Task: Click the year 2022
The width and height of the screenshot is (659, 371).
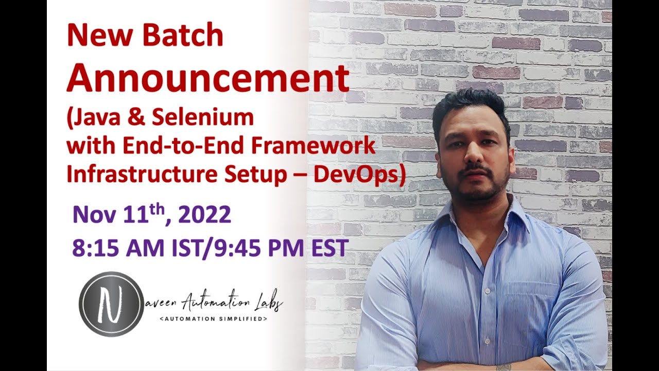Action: click(x=204, y=215)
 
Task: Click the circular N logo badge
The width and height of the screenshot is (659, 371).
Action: click(x=111, y=304)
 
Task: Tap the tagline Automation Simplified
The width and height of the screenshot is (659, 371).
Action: click(x=214, y=319)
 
